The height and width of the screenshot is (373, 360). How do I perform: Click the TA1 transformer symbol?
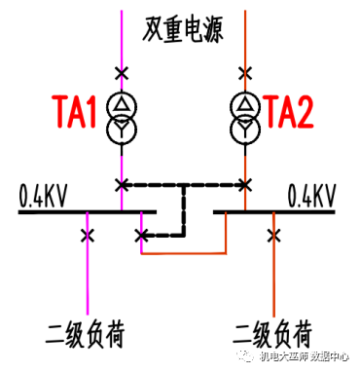click(121, 116)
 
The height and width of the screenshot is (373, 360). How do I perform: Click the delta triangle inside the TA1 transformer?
click(121, 104)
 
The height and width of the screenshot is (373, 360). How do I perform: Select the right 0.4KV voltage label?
click(312, 194)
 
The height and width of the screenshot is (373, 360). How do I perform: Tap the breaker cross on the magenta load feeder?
click(89, 235)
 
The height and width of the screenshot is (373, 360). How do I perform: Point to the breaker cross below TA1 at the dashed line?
click(121, 184)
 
